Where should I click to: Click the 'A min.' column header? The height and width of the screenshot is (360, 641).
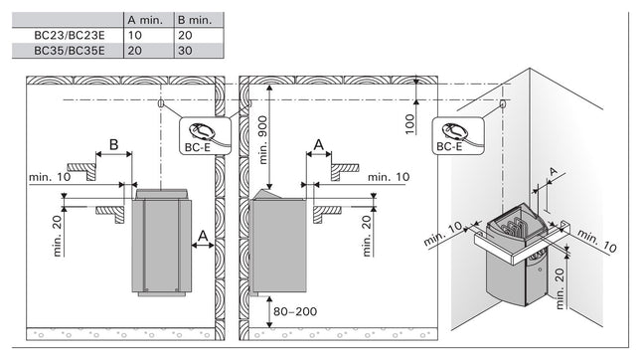(x=145, y=20)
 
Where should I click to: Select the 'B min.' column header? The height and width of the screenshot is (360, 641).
(x=195, y=20)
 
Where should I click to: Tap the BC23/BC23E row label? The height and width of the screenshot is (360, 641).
(x=70, y=35)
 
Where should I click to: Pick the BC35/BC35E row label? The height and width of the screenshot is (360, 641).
(x=70, y=51)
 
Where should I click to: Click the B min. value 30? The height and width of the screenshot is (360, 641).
(x=185, y=51)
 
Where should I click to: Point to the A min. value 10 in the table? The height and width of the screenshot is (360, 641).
(x=134, y=35)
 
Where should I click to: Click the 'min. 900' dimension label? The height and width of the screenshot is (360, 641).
(x=262, y=140)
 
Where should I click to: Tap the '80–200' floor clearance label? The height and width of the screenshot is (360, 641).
(x=295, y=311)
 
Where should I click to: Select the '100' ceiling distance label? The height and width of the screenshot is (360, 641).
(x=409, y=124)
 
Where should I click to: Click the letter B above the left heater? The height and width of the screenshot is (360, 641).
(x=113, y=145)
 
